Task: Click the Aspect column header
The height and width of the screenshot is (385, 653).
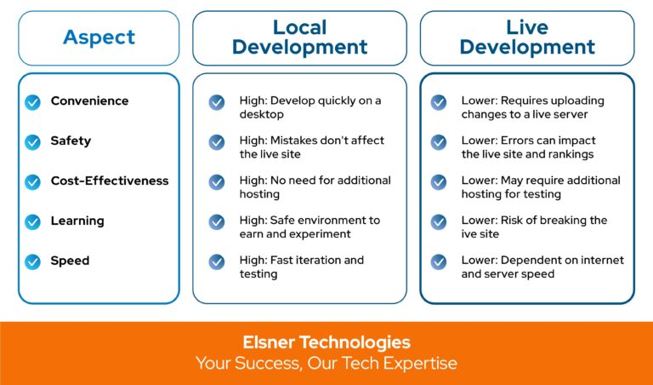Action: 99,37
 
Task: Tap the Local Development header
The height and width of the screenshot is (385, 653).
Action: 299,37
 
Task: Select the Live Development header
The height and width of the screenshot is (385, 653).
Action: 526,37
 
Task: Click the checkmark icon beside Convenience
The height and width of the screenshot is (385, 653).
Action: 32,102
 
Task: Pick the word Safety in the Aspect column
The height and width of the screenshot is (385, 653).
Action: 71,141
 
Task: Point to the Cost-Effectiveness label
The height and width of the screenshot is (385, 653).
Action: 110,181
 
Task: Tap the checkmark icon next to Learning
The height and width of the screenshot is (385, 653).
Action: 32,221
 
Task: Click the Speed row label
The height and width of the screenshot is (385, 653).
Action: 70,261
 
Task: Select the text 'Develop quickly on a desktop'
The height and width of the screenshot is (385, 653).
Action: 309,107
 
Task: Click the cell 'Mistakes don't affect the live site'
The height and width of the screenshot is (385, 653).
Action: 311,147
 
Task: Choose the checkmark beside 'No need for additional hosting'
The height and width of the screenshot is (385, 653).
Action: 217,181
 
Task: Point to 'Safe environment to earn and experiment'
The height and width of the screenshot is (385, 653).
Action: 309,227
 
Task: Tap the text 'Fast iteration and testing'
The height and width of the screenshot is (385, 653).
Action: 301,267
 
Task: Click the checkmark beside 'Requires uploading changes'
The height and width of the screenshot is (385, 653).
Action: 439,102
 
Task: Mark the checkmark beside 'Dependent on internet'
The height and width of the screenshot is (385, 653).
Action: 439,261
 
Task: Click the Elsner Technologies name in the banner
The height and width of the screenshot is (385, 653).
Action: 326,342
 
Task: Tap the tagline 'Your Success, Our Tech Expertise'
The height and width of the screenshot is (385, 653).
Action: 326,364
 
